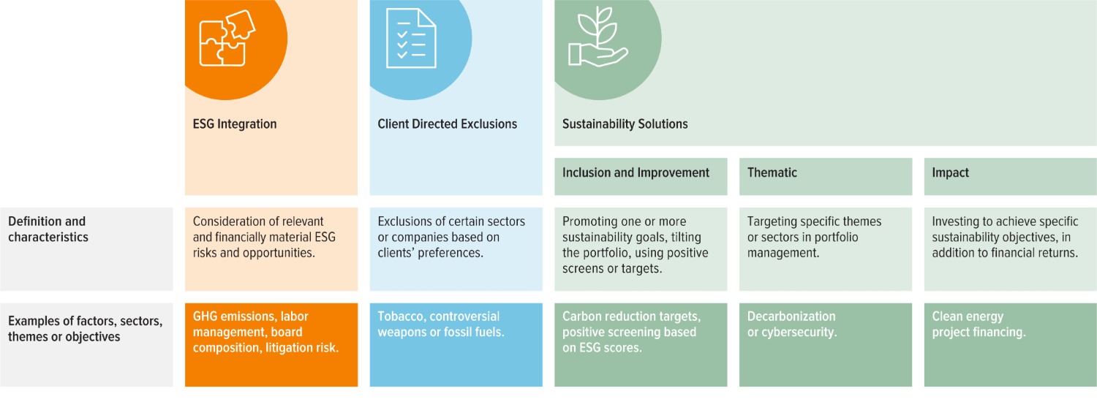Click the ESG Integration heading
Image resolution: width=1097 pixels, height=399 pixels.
[230, 124]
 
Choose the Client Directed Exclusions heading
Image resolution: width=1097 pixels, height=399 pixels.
[447, 124]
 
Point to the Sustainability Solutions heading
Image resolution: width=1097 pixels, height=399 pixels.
[625, 124]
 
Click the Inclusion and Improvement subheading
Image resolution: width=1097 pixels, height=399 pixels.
[636, 173]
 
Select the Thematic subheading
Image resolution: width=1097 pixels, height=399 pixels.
[772, 173]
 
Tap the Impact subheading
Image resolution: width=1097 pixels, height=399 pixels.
[950, 173]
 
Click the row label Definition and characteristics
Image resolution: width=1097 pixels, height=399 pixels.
[47, 229]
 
